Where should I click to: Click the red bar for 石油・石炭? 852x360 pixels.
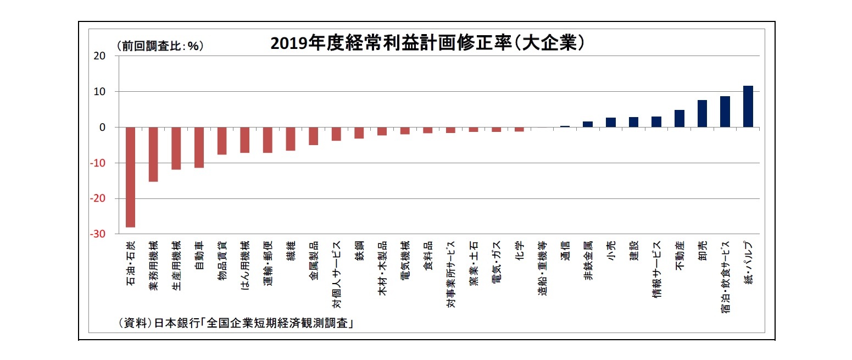tap(131, 176)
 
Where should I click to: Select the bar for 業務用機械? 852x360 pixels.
tap(154, 154)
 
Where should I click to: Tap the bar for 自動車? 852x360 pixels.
tap(199, 147)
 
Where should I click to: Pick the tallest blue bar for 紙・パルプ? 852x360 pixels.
tap(748, 107)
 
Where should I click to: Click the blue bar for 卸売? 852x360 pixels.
tap(702, 114)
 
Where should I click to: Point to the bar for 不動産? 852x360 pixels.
tap(680, 119)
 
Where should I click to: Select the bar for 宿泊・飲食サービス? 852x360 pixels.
tap(725, 112)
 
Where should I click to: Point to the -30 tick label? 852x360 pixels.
tap(98, 234)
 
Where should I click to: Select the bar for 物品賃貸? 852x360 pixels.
tap(222, 141)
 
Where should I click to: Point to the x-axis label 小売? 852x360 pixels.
tap(611, 251)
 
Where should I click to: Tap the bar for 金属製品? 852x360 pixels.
tap(313, 136)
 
